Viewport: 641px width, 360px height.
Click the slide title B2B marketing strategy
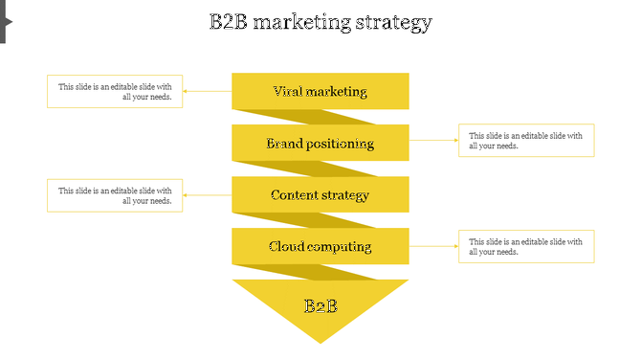[x=320, y=22]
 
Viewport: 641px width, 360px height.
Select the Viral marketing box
[x=320, y=92]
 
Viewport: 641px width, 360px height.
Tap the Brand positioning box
[x=320, y=144]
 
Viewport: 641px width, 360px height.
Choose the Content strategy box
[x=320, y=195]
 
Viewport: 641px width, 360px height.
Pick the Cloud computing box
[x=320, y=247]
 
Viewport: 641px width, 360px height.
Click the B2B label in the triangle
[x=320, y=306]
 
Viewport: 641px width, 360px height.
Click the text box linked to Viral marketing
[x=115, y=92]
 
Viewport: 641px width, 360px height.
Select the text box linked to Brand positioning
[x=526, y=141]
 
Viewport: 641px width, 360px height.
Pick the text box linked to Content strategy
[x=115, y=195]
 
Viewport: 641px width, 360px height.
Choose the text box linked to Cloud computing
[x=526, y=246]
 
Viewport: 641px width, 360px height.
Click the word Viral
[x=290, y=92]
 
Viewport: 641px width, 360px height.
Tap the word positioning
[x=341, y=144]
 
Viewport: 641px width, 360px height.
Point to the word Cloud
[x=287, y=247]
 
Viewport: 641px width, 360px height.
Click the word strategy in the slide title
[x=391, y=23]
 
